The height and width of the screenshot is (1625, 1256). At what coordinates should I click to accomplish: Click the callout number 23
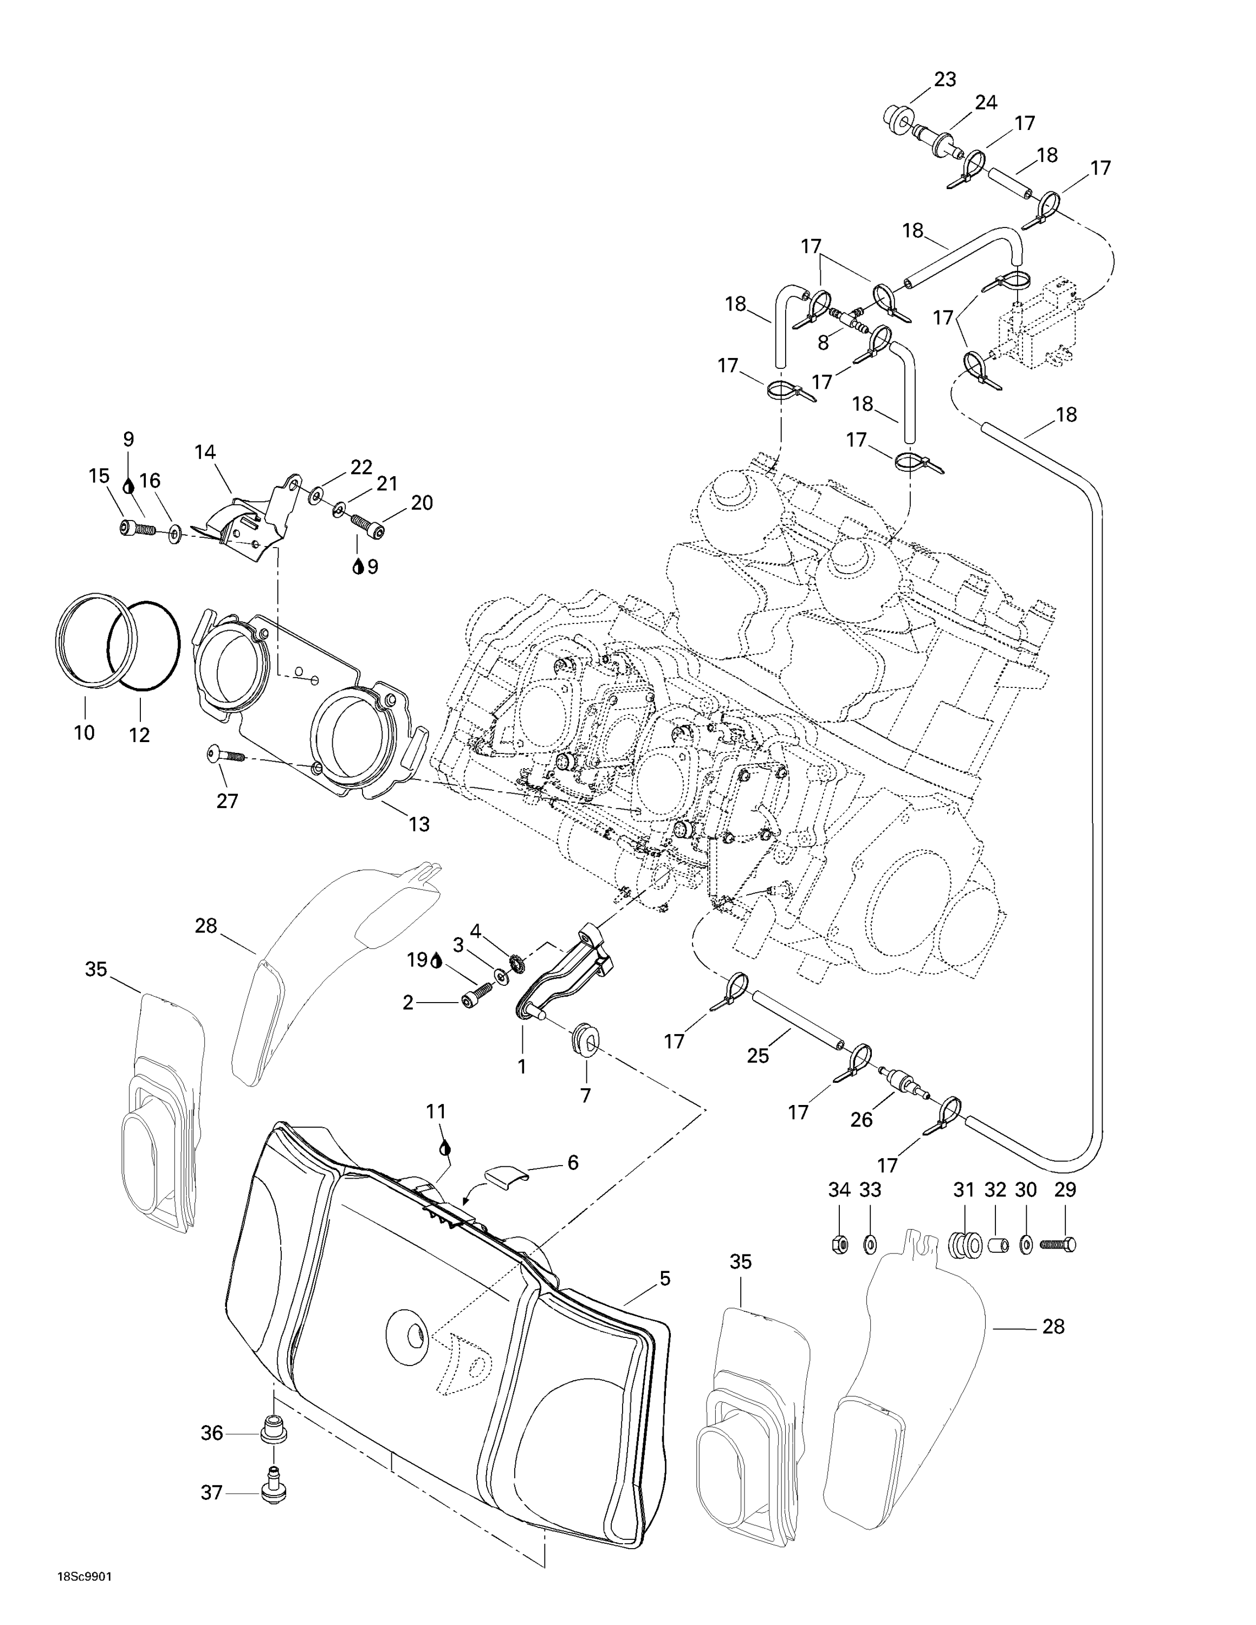(x=945, y=80)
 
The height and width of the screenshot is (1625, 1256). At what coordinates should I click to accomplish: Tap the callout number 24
(x=986, y=103)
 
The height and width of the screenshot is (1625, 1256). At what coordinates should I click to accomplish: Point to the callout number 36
(x=212, y=1433)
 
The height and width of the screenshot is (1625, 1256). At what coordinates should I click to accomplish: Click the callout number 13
(x=419, y=824)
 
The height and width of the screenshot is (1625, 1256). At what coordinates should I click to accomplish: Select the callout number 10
(x=84, y=732)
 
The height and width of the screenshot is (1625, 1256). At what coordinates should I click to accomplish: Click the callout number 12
(x=139, y=734)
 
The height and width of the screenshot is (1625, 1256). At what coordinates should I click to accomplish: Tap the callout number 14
(x=205, y=452)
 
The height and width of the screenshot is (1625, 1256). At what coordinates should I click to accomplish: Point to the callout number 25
(x=758, y=1055)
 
